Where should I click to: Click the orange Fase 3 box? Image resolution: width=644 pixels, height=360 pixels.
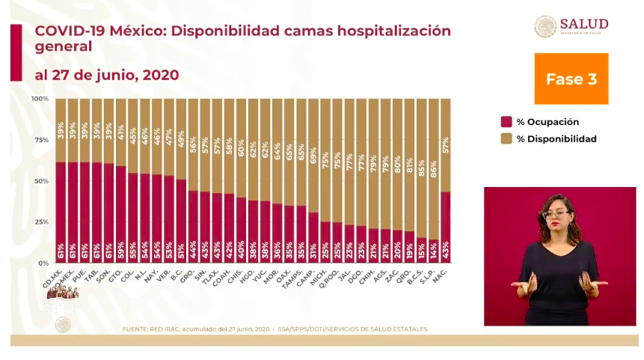(x=571, y=79)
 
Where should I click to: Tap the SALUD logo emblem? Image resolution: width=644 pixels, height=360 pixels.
(x=545, y=26)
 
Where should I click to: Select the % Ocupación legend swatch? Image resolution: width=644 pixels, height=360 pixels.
(x=506, y=122)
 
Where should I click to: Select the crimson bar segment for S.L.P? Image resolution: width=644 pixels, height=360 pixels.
(x=432, y=251)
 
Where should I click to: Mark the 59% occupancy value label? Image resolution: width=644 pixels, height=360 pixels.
(x=121, y=249)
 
